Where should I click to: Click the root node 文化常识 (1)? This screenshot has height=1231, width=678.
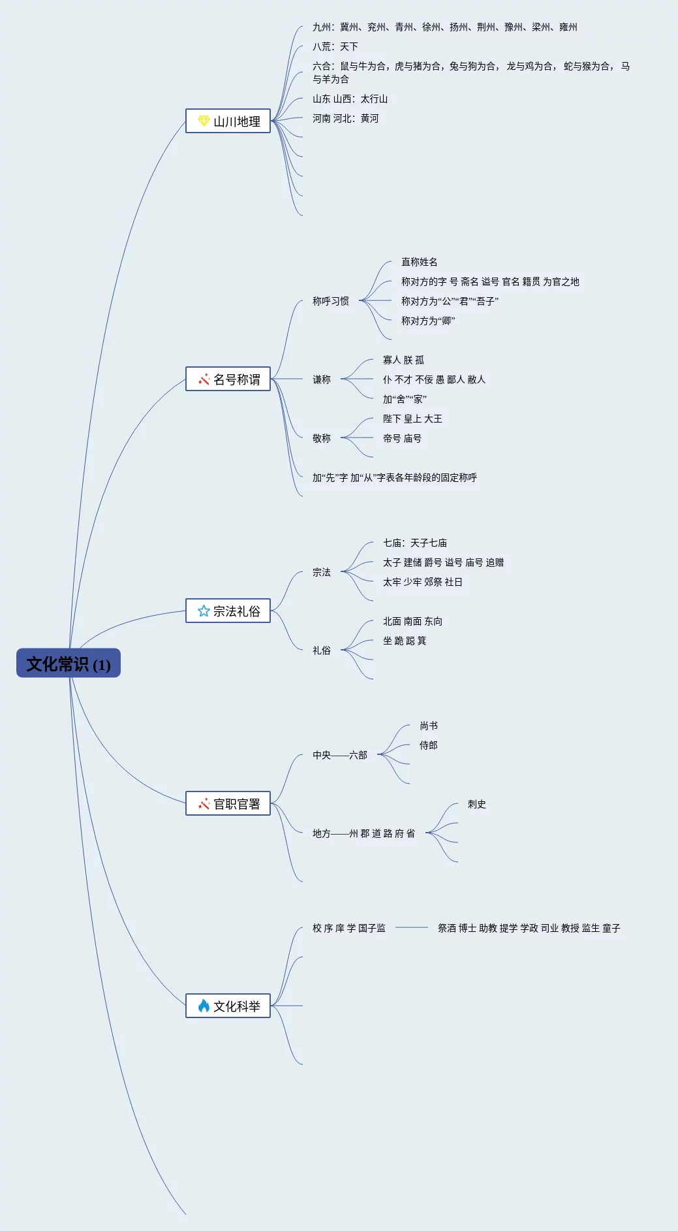tap(69, 663)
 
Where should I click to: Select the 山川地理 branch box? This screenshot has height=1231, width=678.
tap(228, 121)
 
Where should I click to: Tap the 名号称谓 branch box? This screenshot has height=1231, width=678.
tap(228, 379)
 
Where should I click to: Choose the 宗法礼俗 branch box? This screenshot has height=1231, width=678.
tap(228, 611)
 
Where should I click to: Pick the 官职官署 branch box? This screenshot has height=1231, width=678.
tap(228, 803)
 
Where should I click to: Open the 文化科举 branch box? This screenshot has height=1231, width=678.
tap(228, 1006)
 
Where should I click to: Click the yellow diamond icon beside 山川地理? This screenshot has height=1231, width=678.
tap(204, 121)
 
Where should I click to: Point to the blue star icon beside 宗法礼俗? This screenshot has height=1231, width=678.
tap(204, 611)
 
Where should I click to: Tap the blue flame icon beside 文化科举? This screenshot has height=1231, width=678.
tap(204, 1006)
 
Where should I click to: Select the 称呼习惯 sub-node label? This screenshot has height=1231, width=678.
tap(330, 301)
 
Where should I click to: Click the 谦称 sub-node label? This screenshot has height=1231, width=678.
tap(321, 379)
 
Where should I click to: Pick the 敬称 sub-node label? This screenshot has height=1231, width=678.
tap(321, 438)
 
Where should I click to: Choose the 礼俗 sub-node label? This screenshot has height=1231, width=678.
tap(321, 650)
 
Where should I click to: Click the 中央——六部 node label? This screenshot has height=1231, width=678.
tap(339, 755)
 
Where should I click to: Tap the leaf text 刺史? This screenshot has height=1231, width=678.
tap(476, 804)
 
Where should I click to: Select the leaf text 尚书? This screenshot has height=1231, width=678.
tap(428, 726)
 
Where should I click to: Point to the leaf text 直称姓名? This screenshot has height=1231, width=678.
tap(419, 262)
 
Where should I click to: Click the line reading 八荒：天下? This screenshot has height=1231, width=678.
tap(335, 46)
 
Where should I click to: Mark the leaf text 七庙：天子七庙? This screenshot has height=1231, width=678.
tap(414, 543)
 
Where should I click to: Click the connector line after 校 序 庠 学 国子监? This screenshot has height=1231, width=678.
tap(411, 927)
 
